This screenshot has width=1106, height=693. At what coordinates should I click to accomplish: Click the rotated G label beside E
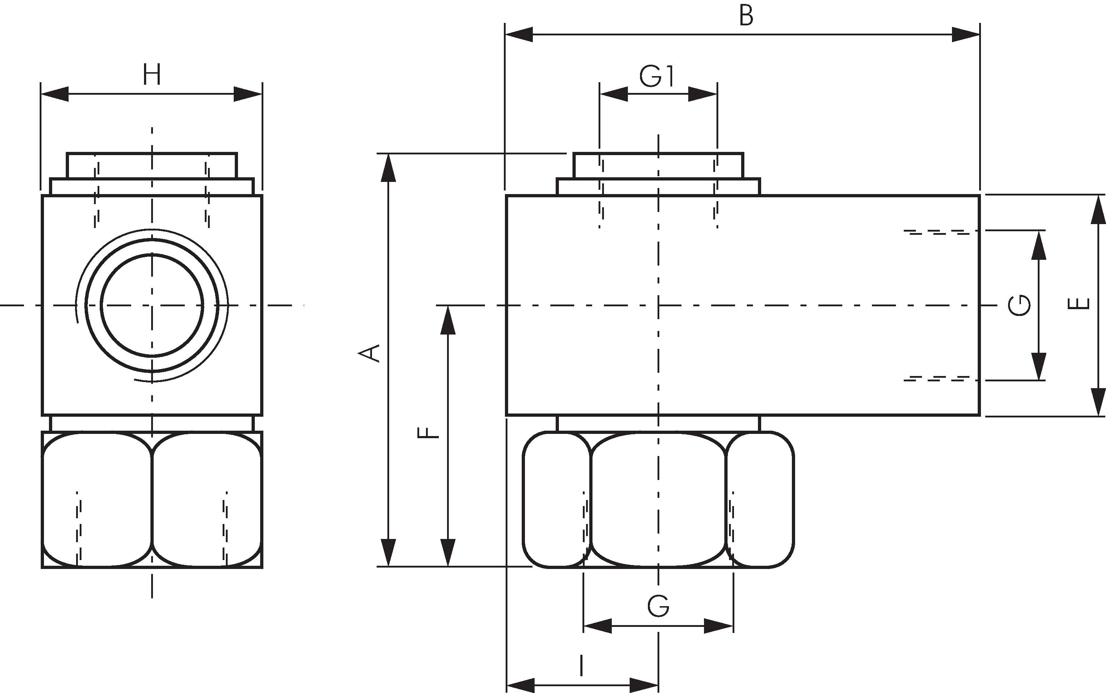point(1020,305)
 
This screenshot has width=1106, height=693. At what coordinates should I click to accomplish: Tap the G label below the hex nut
point(658,606)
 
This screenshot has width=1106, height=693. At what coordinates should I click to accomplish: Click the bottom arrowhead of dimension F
point(448,552)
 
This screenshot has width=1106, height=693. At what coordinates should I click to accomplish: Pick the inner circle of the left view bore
point(152,305)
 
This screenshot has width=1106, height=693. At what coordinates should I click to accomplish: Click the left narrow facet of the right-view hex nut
point(556,500)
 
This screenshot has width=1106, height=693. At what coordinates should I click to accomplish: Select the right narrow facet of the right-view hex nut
point(760,500)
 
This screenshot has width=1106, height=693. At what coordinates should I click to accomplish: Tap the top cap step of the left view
point(152,165)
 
